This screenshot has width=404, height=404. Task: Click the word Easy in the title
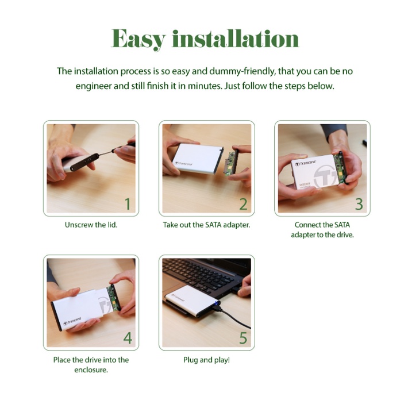138,39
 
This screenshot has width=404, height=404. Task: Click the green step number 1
128,204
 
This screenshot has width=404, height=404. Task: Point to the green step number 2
243,204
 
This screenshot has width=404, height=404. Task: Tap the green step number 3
359,204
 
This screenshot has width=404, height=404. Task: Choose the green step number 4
128,338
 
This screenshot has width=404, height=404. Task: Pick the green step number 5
243,338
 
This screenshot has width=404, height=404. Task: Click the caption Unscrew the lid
91,225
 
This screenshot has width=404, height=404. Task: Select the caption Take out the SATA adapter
207,225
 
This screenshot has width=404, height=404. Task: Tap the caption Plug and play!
207,360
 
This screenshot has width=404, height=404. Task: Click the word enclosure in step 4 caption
91,370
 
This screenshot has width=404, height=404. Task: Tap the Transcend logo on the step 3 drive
306,163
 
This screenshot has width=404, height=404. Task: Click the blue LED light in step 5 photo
216,302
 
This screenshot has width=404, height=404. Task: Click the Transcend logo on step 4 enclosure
72,321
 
